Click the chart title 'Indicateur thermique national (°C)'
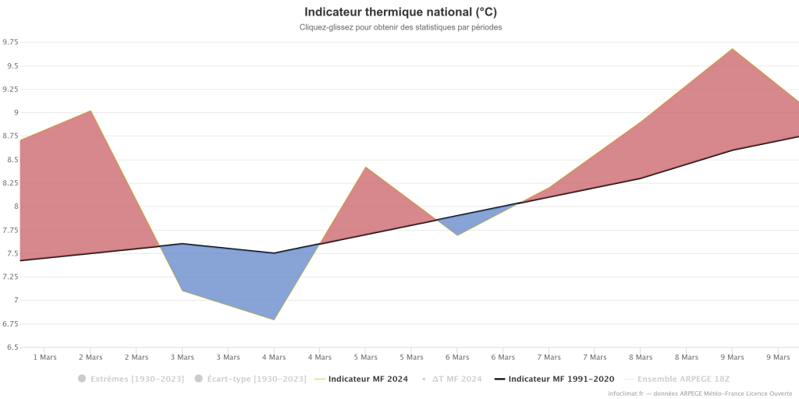click(x=400, y=12)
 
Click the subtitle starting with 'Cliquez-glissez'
click(x=400, y=27)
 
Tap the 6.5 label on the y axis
click(x=12, y=347)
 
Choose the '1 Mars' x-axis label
click(x=44, y=358)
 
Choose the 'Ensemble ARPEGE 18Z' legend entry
click(x=684, y=380)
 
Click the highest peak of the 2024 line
click(x=732, y=49)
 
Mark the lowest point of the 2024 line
click(x=274, y=320)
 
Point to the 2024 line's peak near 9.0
click(x=91, y=111)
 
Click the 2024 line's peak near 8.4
click(x=365, y=167)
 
